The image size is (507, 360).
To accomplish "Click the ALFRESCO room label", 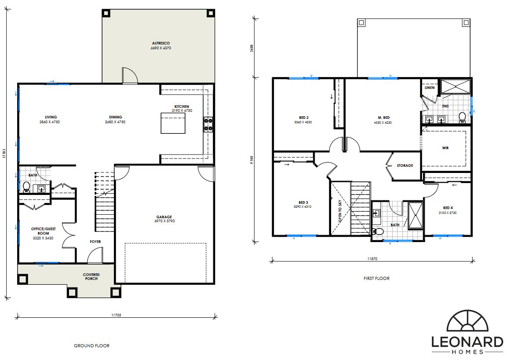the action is click(x=160, y=43).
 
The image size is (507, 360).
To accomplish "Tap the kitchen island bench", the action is click(x=173, y=123).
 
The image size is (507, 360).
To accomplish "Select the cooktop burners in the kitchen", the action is click(x=208, y=124).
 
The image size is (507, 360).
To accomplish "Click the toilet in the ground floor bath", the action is click(x=26, y=187).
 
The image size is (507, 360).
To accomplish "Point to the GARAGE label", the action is click(x=164, y=217).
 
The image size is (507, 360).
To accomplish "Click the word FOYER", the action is click(x=95, y=242).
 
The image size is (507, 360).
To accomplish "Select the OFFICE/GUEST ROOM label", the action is click(x=44, y=231).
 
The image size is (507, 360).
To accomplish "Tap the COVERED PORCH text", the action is click(x=91, y=276).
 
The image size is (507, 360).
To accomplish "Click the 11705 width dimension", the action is click(x=116, y=315).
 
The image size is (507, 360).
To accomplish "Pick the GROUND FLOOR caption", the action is click(x=91, y=346).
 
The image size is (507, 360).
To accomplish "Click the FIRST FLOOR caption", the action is click(x=376, y=278).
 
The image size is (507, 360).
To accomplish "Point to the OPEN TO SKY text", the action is click(x=340, y=210).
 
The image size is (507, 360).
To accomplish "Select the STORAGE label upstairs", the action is click(x=405, y=165).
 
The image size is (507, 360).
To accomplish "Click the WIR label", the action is click(x=445, y=148).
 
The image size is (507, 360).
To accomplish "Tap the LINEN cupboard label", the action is click(x=430, y=88).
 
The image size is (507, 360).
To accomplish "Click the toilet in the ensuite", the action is click(x=462, y=117).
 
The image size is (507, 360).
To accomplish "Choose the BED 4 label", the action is click(x=448, y=208).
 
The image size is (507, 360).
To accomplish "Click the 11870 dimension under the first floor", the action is click(x=372, y=259).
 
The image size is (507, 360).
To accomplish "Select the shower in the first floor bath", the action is click(x=416, y=215).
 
